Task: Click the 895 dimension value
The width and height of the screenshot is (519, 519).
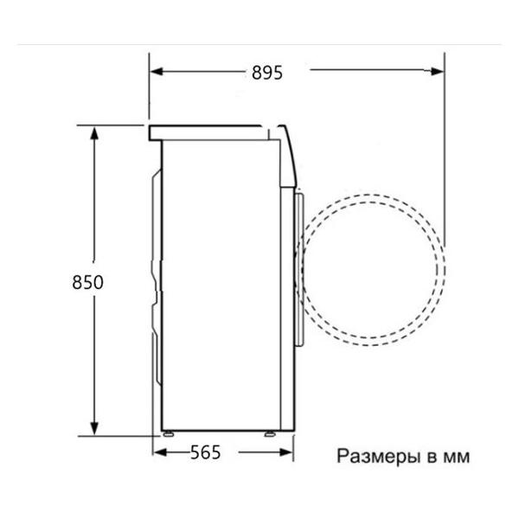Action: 267,73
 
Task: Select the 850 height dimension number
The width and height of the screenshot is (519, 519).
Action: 88,283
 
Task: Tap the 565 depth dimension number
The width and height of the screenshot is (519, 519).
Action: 205,452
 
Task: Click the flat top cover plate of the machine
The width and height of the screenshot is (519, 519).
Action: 208,132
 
